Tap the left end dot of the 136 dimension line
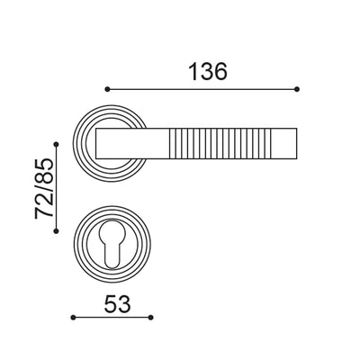[107, 89]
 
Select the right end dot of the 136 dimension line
[297, 89]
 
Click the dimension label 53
[112, 303]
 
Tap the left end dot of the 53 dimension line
[73, 317]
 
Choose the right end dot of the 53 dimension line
[151, 317]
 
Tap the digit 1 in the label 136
[190, 70]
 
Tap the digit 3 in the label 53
[121, 303]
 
